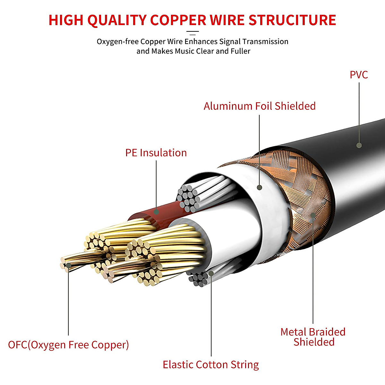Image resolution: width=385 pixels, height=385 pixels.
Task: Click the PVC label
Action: coord(359,75)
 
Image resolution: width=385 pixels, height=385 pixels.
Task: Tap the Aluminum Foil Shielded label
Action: coord(260,106)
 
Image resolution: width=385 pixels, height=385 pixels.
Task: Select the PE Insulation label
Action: coord(156,153)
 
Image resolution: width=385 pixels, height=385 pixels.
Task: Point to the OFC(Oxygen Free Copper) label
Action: coord(68,345)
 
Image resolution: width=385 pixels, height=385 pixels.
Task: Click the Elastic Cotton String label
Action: coord(211,365)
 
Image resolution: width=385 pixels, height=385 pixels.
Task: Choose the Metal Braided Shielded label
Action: coord(313,337)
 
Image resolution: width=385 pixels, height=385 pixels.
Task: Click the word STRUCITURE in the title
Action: coord(292,20)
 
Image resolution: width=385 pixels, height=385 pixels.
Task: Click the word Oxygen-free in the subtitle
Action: coord(117,42)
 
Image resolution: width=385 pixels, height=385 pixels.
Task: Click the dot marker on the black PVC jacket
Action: coord(359,145)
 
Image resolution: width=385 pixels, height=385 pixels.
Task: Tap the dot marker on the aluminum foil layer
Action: coord(260,187)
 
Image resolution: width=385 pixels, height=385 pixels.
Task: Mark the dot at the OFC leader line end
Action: coord(68,265)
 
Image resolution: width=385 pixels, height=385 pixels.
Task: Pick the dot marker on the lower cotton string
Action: coord(211,273)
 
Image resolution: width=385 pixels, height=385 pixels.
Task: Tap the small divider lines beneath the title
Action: coord(193,32)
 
